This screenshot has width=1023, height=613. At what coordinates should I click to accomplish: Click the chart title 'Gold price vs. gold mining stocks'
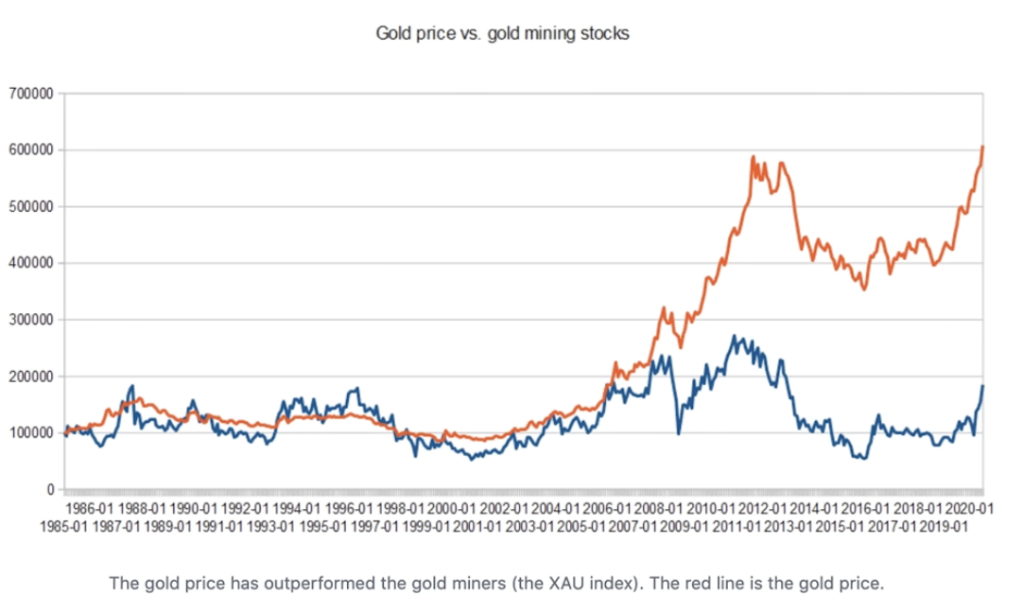[x=502, y=34]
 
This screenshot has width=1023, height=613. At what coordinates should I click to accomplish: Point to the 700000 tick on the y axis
[x=31, y=94]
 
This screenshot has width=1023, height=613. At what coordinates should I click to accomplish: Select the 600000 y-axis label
[x=31, y=150]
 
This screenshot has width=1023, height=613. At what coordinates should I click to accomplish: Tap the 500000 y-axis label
[x=31, y=207]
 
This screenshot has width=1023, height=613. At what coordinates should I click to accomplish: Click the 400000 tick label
[x=31, y=263]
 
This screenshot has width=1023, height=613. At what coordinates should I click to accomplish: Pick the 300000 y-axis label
[x=31, y=320]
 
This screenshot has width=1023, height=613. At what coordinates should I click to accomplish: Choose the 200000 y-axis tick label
[x=31, y=377]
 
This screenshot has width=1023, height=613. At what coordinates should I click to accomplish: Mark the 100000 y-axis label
[x=31, y=433]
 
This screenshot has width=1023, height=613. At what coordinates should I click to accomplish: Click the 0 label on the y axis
[x=48, y=490]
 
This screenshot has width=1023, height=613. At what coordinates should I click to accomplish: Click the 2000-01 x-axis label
[x=450, y=508]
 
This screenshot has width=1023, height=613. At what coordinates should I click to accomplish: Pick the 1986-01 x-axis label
[x=92, y=508]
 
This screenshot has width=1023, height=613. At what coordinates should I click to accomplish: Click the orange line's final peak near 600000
[x=983, y=147]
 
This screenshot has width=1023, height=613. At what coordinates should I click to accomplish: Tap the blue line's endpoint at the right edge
[x=983, y=386]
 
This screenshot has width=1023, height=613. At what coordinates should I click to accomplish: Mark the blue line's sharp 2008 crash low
[x=679, y=433]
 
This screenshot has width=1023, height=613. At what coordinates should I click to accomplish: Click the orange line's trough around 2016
[x=863, y=289]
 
